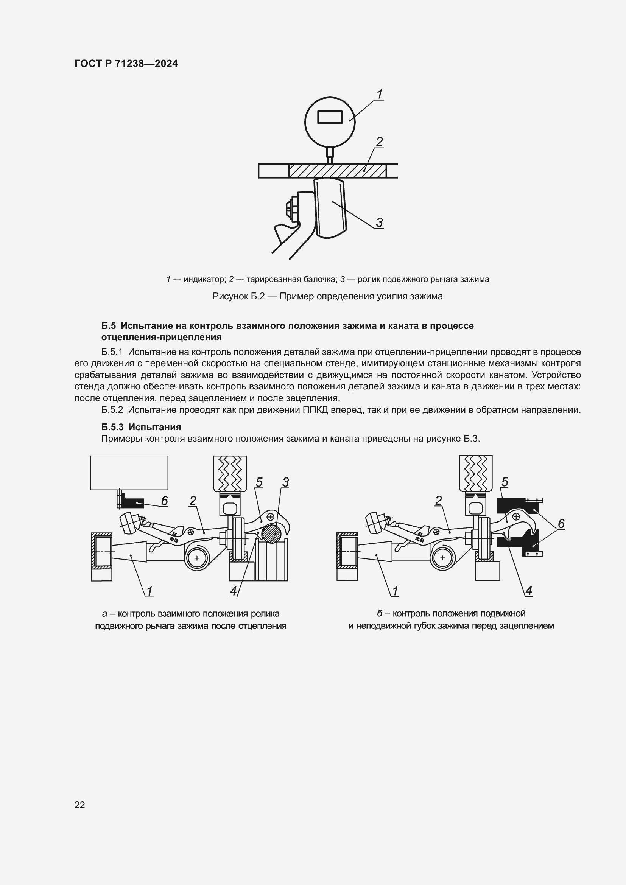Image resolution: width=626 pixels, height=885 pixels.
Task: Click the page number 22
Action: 80,805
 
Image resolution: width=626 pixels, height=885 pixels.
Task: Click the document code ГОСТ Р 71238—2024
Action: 126,64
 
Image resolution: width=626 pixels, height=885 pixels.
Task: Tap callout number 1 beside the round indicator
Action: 379,95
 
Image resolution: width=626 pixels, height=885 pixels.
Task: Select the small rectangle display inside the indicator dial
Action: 330,117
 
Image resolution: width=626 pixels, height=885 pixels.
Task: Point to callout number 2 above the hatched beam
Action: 379,142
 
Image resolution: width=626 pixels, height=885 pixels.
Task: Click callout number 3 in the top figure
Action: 379,222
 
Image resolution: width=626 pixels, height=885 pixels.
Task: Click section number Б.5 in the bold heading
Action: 108,326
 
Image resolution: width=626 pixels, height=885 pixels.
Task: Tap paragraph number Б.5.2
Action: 112,410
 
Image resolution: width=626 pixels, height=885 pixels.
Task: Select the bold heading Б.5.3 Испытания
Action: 141,427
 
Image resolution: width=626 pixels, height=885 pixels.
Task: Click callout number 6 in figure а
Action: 164,501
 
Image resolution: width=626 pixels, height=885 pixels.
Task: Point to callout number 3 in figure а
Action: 285,482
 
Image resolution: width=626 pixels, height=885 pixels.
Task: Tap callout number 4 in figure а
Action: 233,591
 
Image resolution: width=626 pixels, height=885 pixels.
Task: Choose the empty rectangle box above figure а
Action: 129,473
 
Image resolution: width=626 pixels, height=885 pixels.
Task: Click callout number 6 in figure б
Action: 561,523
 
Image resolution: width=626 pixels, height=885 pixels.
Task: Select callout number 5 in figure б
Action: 505,482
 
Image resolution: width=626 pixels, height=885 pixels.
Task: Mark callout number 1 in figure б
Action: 395,591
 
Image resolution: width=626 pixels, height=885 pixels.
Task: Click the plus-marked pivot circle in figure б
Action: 442,558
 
